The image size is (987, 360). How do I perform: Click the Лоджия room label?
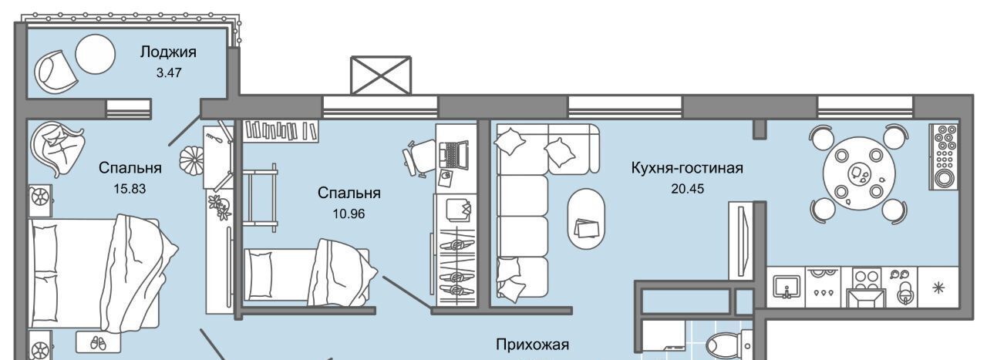click(168, 52)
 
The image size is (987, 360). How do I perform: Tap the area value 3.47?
click(169, 72)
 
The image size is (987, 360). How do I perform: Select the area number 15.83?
click(130, 189)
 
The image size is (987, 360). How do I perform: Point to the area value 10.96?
click(349, 214)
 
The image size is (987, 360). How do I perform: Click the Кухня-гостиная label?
click(687, 168)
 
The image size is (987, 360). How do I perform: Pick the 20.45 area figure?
click(687, 189)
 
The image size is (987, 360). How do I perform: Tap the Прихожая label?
click(532, 345)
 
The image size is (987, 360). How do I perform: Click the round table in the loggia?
click(95, 54)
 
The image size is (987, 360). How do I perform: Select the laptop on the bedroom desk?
click(453, 155)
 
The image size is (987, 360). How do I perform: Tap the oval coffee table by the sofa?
click(586, 219)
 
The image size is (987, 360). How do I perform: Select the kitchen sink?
click(787, 287)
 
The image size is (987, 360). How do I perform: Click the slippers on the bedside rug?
click(98, 342)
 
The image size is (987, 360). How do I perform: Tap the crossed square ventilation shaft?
click(381, 75)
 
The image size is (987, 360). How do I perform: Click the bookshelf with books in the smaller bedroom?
click(281, 131)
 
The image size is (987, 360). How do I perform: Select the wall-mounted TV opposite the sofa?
click(742, 241)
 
